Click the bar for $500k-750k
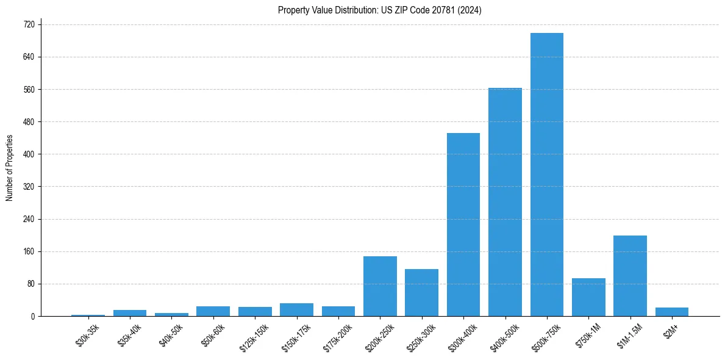(x=546, y=175)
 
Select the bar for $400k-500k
(x=505, y=202)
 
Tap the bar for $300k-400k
(x=463, y=225)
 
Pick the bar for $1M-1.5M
(x=630, y=276)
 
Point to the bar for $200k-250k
(x=380, y=286)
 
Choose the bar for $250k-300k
(x=421, y=292)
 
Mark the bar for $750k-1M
(x=588, y=297)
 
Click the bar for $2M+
(x=671, y=312)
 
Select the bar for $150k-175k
(x=296, y=309)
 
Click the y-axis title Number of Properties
(x=9, y=168)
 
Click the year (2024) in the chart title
(x=470, y=10)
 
